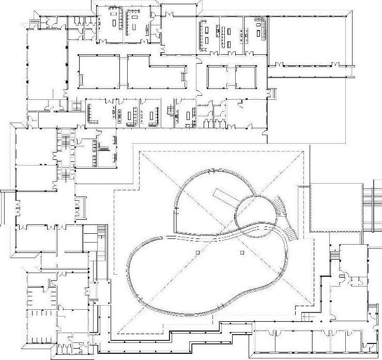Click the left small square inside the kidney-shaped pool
click(197, 252)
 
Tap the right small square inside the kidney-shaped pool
click(241, 252)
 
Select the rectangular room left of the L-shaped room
click(99, 72)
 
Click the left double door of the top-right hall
click(280, 65)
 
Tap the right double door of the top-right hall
click(335, 65)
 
